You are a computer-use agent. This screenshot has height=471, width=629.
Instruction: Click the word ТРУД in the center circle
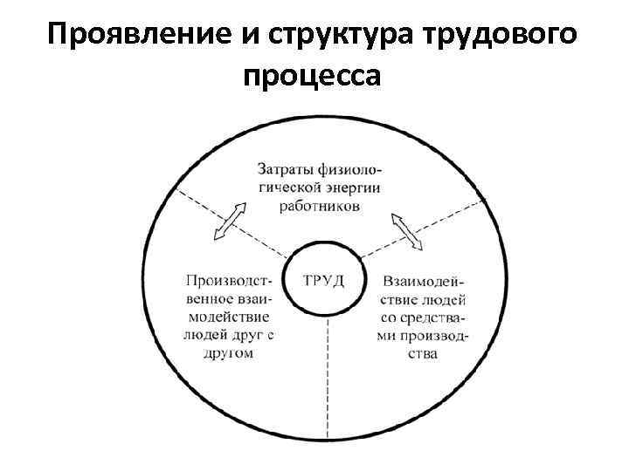323,280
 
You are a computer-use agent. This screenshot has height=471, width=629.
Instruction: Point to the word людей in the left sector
204,335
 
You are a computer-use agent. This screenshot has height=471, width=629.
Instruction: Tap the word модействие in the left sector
229,317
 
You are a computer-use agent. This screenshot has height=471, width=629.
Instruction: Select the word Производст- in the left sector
230,280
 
